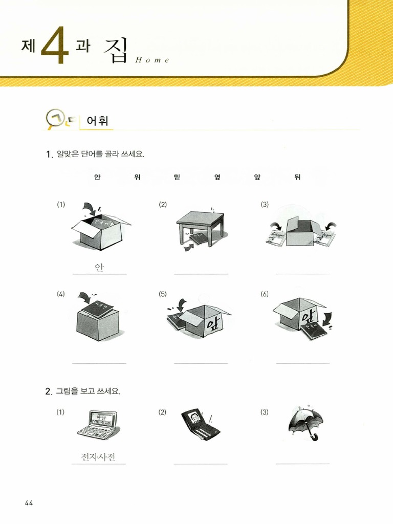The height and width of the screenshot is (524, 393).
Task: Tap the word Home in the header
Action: [152, 60]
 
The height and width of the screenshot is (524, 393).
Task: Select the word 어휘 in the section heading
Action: [97, 121]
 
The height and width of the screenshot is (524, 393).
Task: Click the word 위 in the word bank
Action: [137, 177]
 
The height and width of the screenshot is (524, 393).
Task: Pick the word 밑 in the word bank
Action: [177, 177]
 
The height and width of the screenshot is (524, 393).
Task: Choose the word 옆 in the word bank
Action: [217, 177]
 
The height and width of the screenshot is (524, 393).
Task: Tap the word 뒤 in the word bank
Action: [297, 177]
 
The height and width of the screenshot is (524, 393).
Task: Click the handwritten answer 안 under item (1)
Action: [99, 267]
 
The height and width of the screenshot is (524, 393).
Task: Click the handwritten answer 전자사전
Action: [98, 456]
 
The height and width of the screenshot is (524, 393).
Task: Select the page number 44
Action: [29, 503]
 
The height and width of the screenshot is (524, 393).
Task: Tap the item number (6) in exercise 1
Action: [265, 294]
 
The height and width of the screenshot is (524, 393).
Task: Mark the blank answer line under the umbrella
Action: [303, 464]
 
